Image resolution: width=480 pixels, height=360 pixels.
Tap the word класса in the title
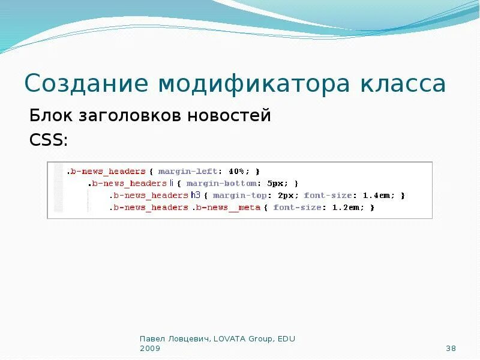403,84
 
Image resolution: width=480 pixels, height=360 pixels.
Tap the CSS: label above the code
49,140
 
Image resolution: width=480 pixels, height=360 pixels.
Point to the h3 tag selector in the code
196,196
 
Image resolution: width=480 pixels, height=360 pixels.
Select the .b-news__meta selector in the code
227,208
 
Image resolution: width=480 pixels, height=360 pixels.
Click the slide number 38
452,349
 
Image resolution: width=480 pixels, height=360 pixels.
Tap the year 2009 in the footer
150,349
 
